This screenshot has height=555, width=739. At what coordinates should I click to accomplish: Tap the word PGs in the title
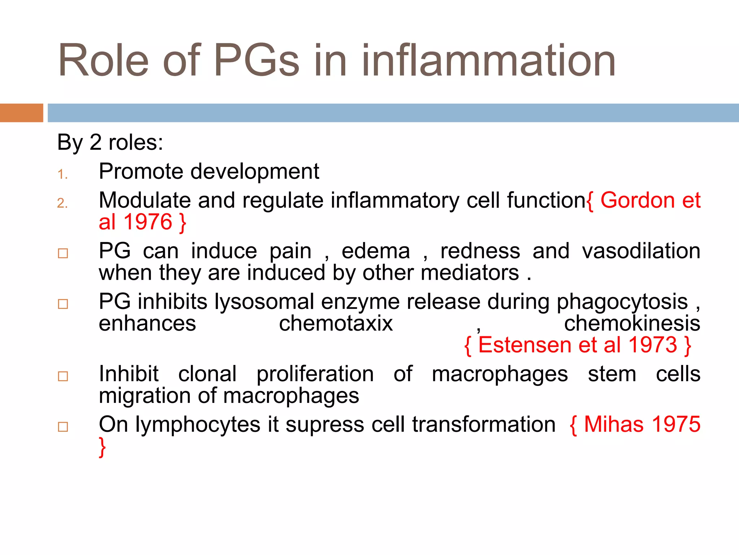pyautogui.click(x=257, y=61)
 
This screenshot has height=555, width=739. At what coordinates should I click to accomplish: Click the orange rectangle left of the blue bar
pyautogui.click(x=21, y=113)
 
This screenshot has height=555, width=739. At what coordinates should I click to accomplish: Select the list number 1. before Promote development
pyautogui.click(x=62, y=175)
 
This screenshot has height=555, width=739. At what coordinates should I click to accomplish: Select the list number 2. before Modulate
pyautogui.click(x=62, y=203)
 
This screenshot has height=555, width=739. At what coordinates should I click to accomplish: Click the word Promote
pyautogui.click(x=141, y=172)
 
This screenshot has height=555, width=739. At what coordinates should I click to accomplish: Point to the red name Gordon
pyautogui.click(x=637, y=201)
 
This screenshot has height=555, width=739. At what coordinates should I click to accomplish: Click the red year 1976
pyautogui.click(x=148, y=222)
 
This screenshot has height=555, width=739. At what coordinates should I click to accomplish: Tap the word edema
pyautogui.click(x=376, y=251)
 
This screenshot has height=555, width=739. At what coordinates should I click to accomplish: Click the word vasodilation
pyautogui.click(x=641, y=251)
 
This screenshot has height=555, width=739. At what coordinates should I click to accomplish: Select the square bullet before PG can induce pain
pyautogui.click(x=63, y=253)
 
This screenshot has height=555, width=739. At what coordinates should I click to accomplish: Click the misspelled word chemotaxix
pyautogui.click(x=336, y=323)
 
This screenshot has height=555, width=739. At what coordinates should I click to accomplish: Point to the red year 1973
pyautogui.click(x=653, y=345)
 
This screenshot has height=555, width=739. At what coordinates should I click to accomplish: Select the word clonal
pyautogui.click(x=207, y=374)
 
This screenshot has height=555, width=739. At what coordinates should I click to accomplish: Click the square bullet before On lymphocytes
pyautogui.click(x=63, y=427)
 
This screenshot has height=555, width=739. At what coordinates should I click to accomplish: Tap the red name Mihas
pyautogui.click(x=613, y=425)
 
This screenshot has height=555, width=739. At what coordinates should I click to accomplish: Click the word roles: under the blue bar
pyautogui.click(x=136, y=142)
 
